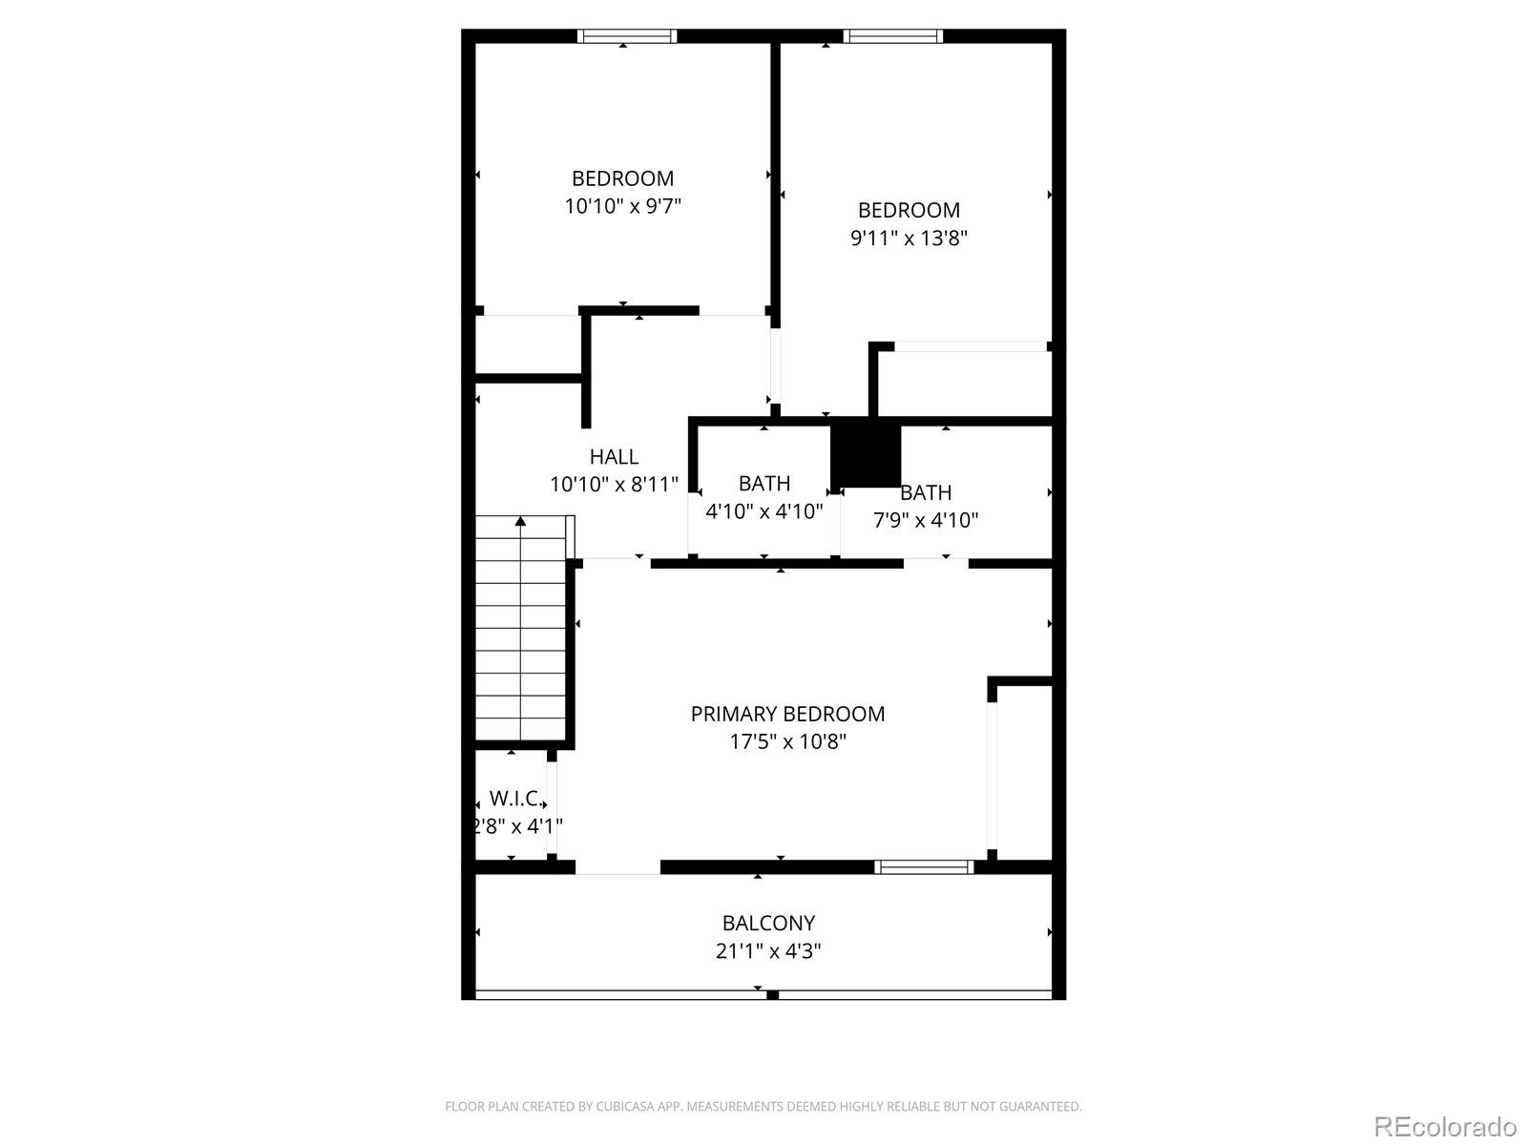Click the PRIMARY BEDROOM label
pos(787,714)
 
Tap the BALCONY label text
pos(768,924)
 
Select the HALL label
pos(614,457)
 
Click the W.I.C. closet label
pos(515,799)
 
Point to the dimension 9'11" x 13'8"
pos(909,239)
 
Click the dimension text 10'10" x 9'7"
pos(622,206)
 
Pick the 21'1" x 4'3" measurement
pos(768,951)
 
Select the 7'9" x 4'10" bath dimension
pos(925,520)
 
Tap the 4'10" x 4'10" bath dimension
pos(763,511)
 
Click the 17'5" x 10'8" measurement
pos(787,741)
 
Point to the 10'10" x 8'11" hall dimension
pos(614,485)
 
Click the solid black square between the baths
pos(867,455)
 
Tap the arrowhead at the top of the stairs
pos(520,521)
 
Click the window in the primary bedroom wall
pos(924,866)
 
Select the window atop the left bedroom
pos(627,36)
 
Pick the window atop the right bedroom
pos(893,36)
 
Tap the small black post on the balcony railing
pos(772,995)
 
